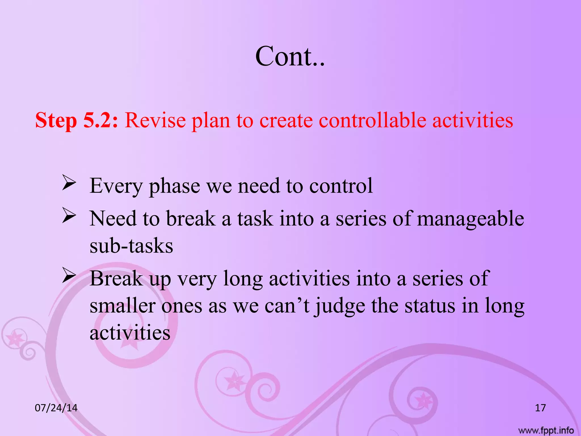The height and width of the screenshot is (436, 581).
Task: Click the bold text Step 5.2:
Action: pos(77,120)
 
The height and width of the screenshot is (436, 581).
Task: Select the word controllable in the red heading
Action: pos(372,120)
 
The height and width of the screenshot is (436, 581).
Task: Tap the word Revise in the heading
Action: pos(155,120)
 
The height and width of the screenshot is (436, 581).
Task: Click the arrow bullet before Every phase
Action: pos(69,183)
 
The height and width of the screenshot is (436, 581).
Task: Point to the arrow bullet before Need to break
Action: pos(69,216)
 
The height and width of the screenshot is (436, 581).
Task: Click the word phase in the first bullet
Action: pos(174,186)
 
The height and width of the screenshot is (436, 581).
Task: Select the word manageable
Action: pos(470,219)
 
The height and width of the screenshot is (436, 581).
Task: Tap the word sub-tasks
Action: pos(131,246)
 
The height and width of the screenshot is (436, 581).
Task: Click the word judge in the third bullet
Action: pos(340,306)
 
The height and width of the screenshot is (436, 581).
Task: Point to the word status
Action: pos(430,306)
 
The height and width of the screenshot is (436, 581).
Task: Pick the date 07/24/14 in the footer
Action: pos(56,408)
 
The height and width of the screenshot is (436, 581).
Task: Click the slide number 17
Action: pos(540,408)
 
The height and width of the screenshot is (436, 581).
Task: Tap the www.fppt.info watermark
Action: pos(546,430)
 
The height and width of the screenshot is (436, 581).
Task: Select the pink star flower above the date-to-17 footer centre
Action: pos(235,381)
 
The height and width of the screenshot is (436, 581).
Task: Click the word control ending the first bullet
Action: pos(341,186)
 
